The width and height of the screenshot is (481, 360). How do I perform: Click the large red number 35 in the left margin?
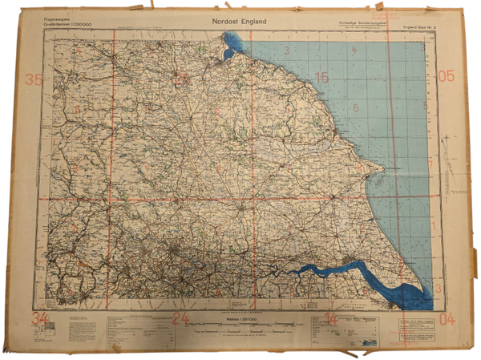point(34,79)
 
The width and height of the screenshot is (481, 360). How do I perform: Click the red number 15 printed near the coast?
point(322,78)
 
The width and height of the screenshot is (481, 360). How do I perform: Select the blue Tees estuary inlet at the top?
point(230,45)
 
